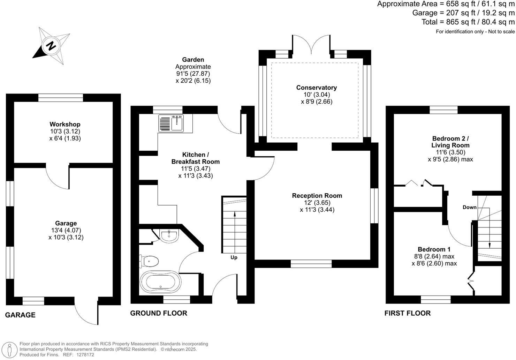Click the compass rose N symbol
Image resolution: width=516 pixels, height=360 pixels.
click(x=51, y=46)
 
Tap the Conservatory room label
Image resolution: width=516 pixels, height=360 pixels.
click(x=316, y=88)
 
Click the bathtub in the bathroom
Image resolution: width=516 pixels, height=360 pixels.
click(x=160, y=282)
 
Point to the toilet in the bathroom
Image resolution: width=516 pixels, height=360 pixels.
click(x=150, y=261)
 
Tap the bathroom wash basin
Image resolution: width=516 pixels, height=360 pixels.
click(x=169, y=235)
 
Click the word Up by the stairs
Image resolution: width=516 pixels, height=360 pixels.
click(x=234, y=257)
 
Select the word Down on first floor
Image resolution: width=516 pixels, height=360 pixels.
click(x=469, y=207)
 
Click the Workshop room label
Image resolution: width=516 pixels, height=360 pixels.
click(x=65, y=124)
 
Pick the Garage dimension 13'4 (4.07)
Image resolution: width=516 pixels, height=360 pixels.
click(x=66, y=230)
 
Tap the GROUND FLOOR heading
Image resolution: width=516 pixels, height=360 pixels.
click(x=159, y=313)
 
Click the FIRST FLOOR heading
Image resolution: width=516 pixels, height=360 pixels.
click(x=407, y=313)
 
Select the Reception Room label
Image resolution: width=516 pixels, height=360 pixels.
click(x=317, y=196)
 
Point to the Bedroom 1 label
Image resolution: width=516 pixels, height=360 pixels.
click(x=434, y=249)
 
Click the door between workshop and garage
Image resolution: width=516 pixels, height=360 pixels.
click(x=58, y=177)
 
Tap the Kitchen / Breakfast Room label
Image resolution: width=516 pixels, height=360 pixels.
click(x=195, y=158)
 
